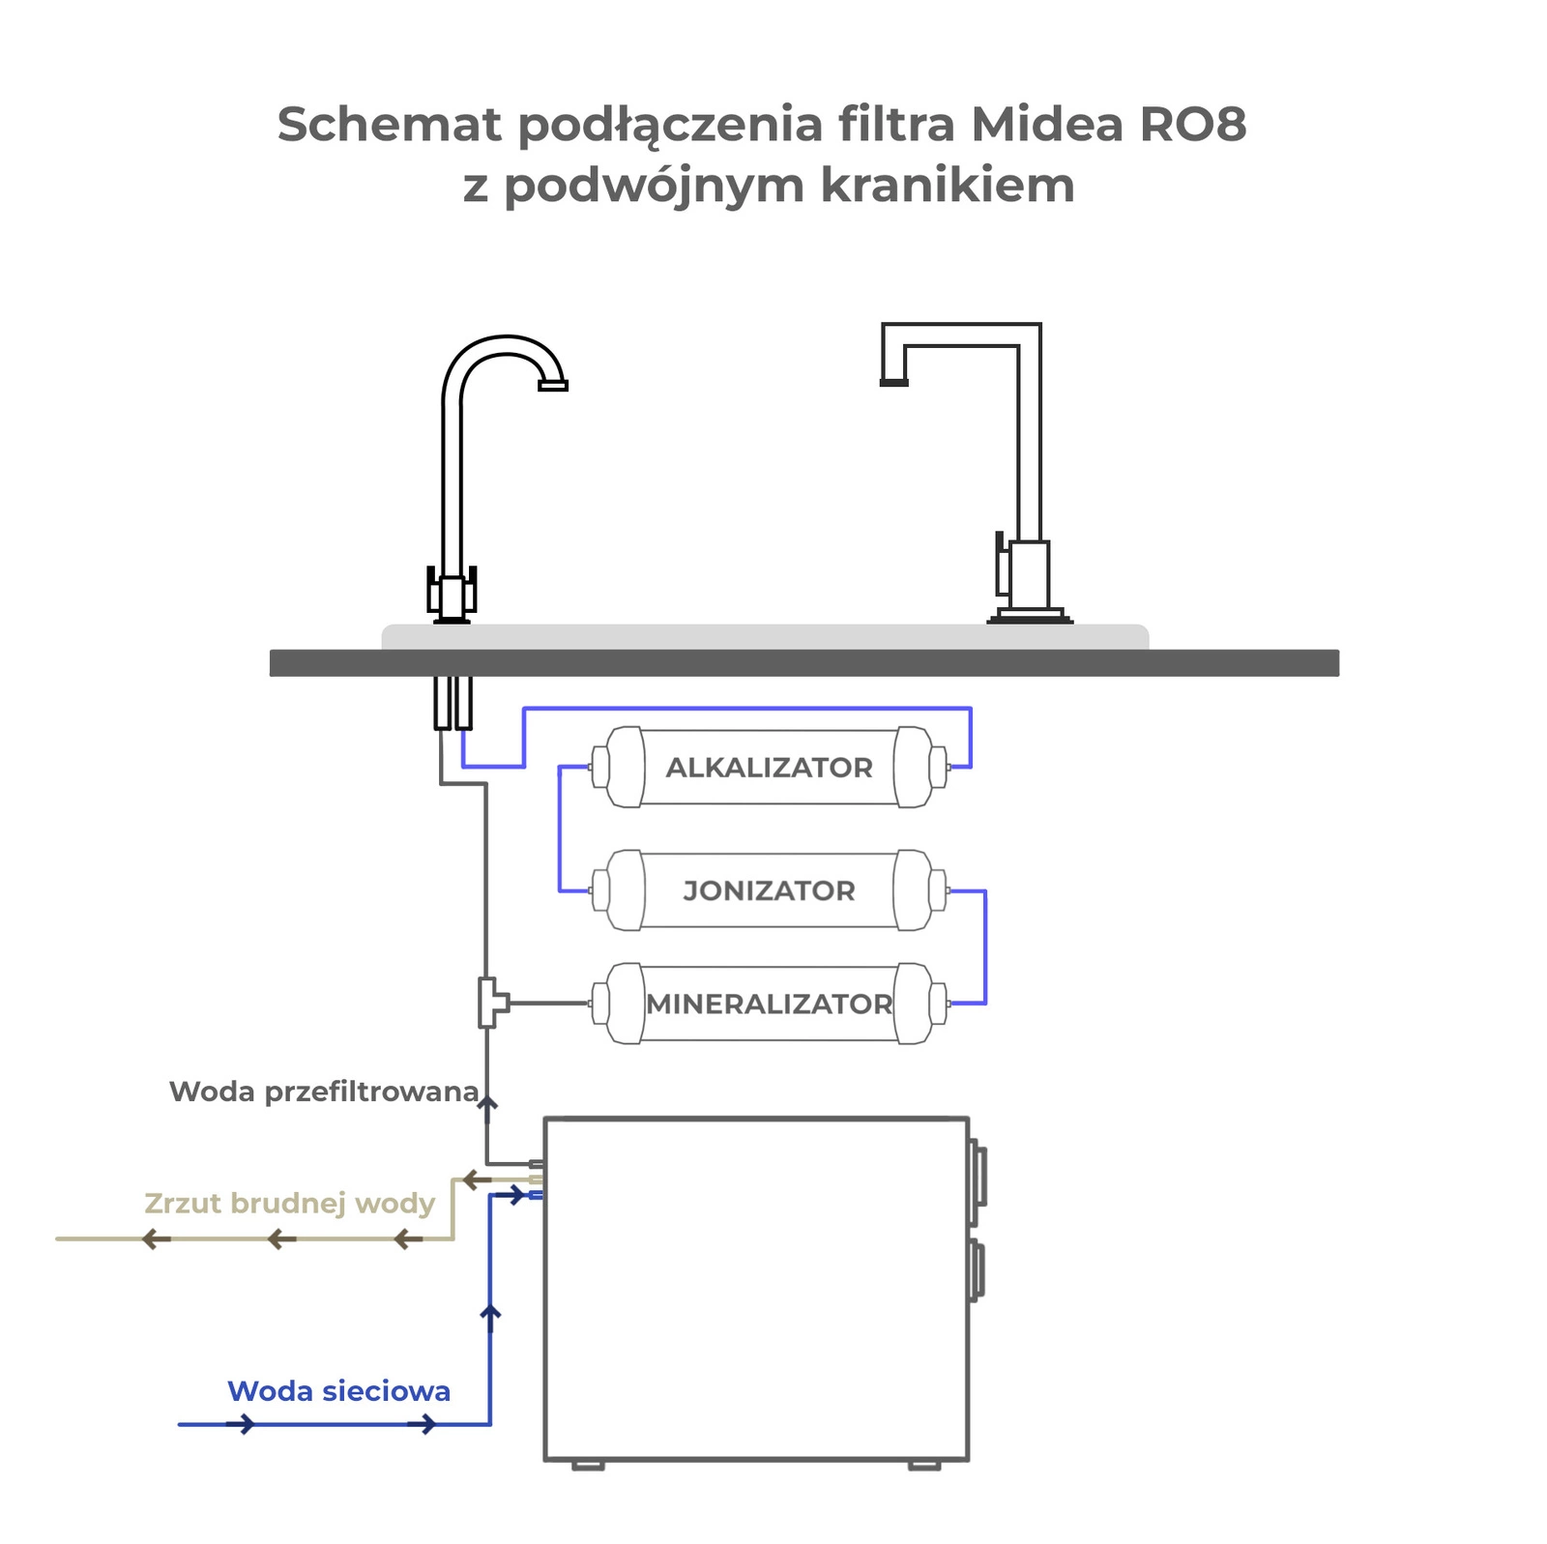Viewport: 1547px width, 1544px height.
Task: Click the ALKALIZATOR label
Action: tap(769, 768)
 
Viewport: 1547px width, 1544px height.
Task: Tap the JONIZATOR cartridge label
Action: tap(769, 890)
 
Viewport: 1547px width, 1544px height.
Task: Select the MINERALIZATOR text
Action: tap(769, 1004)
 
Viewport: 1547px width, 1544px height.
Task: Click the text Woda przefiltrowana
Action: tap(324, 1092)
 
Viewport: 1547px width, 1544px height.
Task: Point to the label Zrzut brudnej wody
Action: tap(290, 1204)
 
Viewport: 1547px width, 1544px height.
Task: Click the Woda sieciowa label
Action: tap(339, 1391)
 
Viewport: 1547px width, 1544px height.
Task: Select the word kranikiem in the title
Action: tap(948, 185)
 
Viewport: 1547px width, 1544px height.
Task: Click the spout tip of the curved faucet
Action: tap(553, 386)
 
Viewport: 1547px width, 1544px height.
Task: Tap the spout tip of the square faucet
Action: tap(894, 382)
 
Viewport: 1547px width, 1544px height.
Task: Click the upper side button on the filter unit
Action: tap(978, 1174)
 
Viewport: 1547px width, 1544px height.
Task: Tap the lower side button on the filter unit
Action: tap(978, 1269)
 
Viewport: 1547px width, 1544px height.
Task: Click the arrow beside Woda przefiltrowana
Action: tap(488, 1109)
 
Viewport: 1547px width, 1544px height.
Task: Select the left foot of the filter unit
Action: tap(588, 1465)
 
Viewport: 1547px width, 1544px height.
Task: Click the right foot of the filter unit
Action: tap(924, 1465)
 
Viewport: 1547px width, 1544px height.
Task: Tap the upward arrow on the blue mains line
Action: tap(490, 1317)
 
